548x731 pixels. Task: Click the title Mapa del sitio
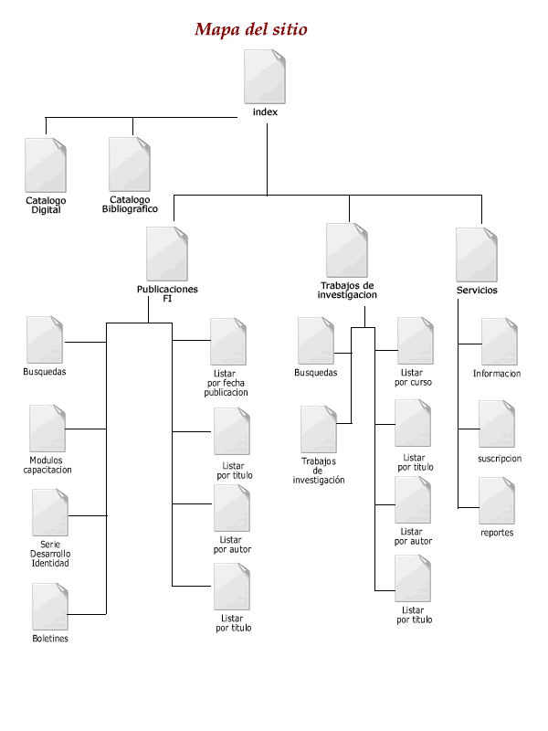251,29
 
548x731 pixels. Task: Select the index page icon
265,77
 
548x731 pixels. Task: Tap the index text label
265,112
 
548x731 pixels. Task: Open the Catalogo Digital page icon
46,164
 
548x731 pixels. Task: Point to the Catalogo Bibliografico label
130,204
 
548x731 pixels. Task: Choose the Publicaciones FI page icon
167,254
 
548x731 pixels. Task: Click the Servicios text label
478,291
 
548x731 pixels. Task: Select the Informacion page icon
500,342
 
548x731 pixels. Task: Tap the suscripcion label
500,459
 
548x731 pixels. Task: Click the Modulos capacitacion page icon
47,429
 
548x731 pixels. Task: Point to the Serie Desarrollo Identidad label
50,554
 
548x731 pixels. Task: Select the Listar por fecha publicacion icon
228,342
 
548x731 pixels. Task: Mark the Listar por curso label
413,377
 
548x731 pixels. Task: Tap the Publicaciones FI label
167,293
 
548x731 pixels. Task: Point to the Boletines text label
49,639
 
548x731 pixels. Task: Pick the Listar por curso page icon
415,340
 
